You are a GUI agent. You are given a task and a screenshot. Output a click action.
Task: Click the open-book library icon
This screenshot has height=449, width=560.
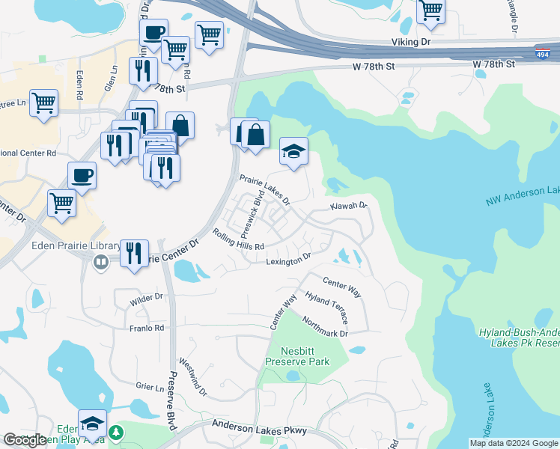[x=100, y=262]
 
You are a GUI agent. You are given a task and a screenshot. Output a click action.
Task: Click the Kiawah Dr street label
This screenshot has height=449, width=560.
[x=349, y=206]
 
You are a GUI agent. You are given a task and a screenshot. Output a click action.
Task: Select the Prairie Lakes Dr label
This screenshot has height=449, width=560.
[x=264, y=189]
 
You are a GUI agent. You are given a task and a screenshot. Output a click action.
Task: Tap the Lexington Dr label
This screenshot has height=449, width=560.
[x=288, y=260]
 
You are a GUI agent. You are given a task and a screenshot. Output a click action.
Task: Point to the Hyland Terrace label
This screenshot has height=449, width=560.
[x=326, y=308]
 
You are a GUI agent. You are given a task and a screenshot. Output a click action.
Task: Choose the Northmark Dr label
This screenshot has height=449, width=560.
[x=325, y=327]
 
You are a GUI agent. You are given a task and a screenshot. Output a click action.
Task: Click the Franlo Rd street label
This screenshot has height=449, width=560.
[x=147, y=328]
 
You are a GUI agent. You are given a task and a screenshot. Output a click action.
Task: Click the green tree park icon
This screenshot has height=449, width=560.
[x=116, y=433]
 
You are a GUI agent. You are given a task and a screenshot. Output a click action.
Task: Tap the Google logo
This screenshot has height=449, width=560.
[x=25, y=440]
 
